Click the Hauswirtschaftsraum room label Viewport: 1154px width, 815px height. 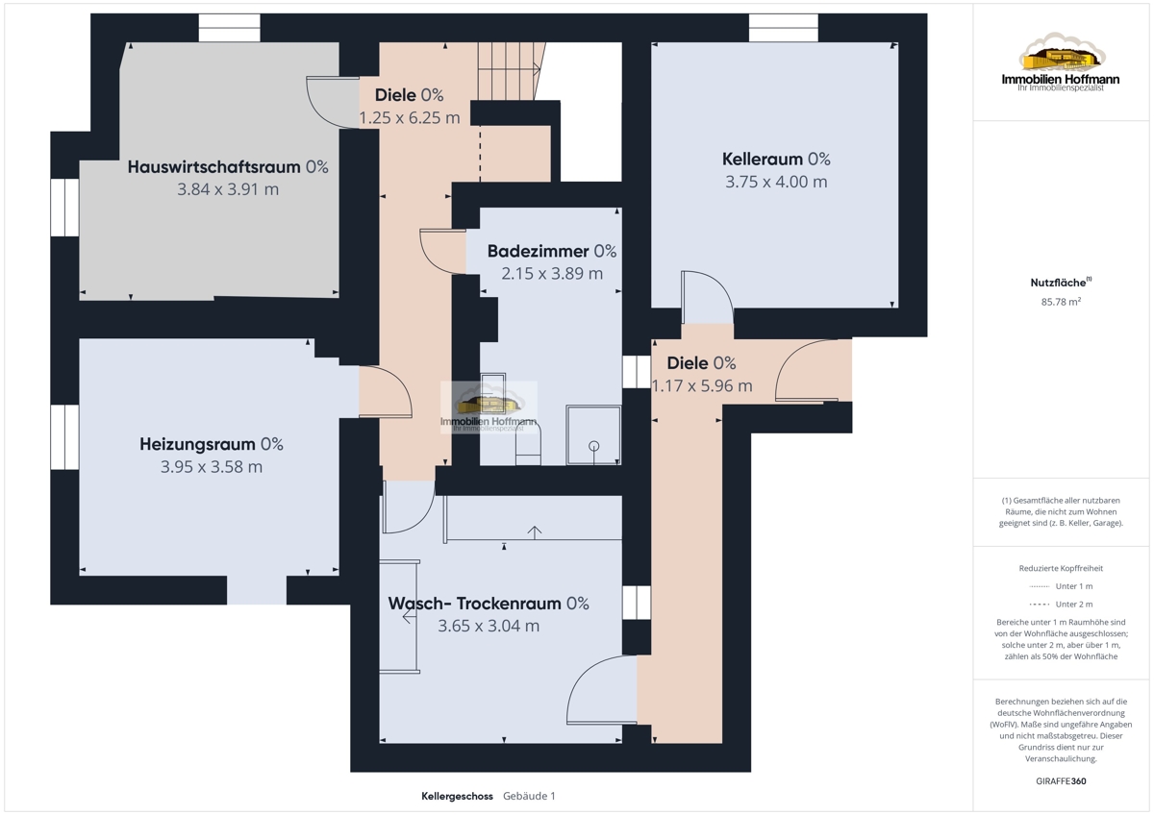pyautogui.click(x=213, y=167)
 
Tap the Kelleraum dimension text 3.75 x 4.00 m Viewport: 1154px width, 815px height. pyautogui.click(x=776, y=182)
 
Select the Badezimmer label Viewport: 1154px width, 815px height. pyautogui.click(x=538, y=251)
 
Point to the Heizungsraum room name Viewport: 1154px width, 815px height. pyautogui.click(x=197, y=444)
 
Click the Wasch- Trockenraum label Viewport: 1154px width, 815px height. pyautogui.click(x=474, y=604)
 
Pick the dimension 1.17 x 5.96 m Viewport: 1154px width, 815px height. pyautogui.click(x=702, y=385)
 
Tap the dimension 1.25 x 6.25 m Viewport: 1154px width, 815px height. pyautogui.click(x=410, y=118)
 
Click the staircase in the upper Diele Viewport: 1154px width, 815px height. pyautogui.click(x=511, y=71)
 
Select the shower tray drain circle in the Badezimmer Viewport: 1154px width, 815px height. pyautogui.click(x=594, y=446)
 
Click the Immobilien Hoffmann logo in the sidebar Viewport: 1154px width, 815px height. pyautogui.click(x=1061, y=62)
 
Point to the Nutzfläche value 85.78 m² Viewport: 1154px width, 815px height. pyautogui.click(x=1061, y=302)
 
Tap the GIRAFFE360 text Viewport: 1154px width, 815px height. pyautogui.click(x=1061, y=781)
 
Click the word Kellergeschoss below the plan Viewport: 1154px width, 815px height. pyautogui.click(x=457, y=796)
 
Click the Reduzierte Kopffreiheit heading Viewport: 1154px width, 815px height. pyautogui.click(x=1061, y=568)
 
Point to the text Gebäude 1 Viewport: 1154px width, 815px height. pyautogui.click(x=529, y=796)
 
